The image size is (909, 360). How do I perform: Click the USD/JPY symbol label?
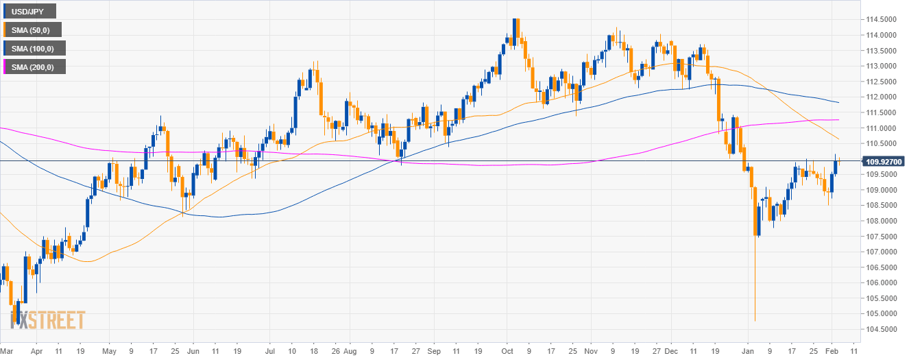pos(29,11)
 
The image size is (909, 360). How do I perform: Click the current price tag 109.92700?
pos(884,162)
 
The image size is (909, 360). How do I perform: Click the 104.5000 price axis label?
pos(881,329)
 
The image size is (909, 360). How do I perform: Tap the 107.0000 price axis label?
pos(881,252)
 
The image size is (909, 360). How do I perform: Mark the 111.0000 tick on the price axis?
pos(881,128)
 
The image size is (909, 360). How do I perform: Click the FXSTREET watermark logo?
pos(48,320)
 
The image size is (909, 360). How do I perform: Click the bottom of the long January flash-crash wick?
pos(755,320)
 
